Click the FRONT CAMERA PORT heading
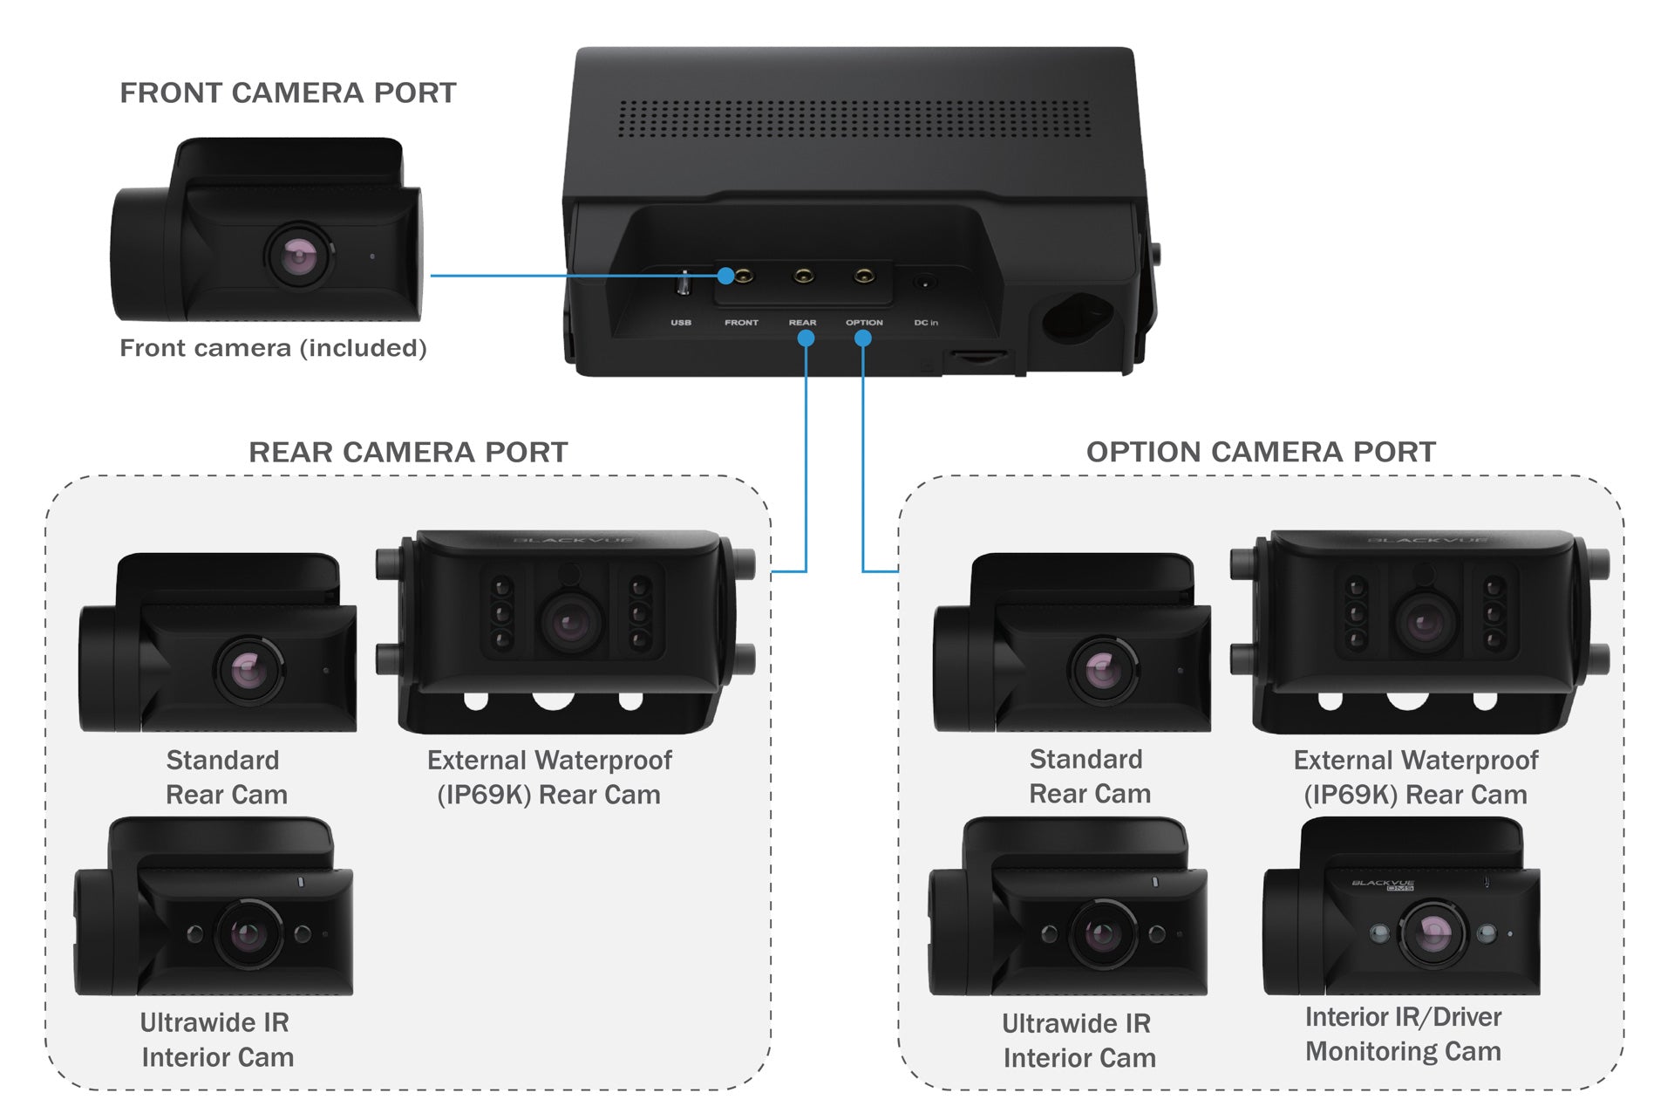[288, 92]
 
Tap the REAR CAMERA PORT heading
[408, 452]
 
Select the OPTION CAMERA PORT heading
[1261, 452]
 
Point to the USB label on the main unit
[681, 323]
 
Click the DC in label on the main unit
[926, 323]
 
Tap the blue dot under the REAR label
[806, 338]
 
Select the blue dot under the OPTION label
[863, 338]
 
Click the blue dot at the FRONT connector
[725, 276]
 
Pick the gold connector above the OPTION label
[864, 277]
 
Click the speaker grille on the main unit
[854, 119]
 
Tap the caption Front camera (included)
[273, 348]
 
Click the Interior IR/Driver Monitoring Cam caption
[1403, 1035]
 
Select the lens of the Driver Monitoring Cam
[1432, 934]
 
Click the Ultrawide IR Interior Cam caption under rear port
[216, 1040]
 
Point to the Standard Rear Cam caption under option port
[1089, 776]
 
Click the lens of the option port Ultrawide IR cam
[1102, 935]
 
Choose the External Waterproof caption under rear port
[549, 777]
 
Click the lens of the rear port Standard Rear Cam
[248, 671]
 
